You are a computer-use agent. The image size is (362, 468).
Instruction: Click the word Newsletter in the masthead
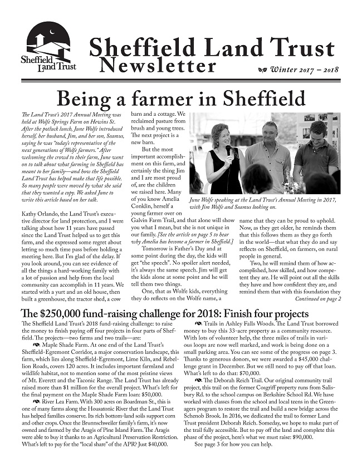[158, 66]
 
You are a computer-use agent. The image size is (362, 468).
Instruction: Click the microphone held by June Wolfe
[227, 149]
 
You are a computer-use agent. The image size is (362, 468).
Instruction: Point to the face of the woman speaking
[221, 134]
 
